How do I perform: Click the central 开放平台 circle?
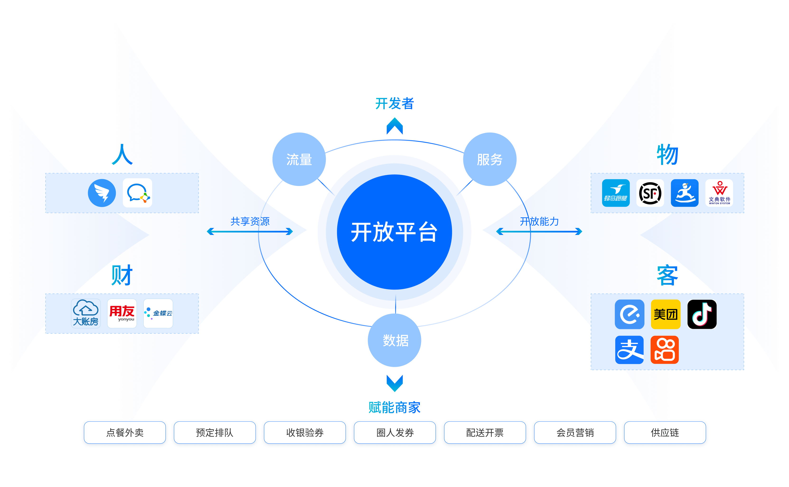[x=394, y=232]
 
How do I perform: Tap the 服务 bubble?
[x=489, y=159]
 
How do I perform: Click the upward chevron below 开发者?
[x=394, y=126]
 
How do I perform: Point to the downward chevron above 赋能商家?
[x=394, y=383]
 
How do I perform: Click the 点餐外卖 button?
[x=125, y=432]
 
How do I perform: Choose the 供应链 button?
[x=665, y=432]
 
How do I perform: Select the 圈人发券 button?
[x=395, y=432]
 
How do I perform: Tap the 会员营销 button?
[x=575, y=432]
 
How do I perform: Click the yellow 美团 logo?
[x=665, y=314]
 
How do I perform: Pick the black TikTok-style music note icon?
[x=702, y=314]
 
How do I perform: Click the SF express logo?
[x=650, y=193]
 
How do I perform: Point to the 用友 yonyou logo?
[x=122, y=313]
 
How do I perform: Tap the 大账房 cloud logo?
[x=86, y=313]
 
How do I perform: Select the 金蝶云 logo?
[x=158, y=313]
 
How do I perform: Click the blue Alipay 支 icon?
[x=629, y=350]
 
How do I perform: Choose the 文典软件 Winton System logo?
[x=719, y=193]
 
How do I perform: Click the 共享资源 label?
[x=250, y=221]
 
